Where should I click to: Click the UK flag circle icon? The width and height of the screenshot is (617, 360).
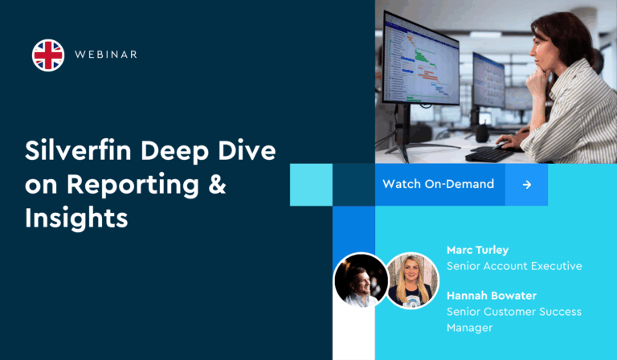[x=48, y=55]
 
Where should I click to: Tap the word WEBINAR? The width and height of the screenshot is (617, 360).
[x=105, y=55]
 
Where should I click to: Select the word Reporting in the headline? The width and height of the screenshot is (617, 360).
[x=133, y=184]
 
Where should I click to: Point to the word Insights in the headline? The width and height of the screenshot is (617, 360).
[x=76, y=217]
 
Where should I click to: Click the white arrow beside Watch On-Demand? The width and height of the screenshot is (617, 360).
[x=526, y=184]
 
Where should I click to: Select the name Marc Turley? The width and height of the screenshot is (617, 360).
[x=477, y=250]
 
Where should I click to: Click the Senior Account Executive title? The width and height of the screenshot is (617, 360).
[x=513, y=266]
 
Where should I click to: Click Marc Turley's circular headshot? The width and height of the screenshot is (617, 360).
[x=361, y=280]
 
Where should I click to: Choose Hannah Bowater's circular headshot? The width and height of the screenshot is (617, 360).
[x=412, y=280]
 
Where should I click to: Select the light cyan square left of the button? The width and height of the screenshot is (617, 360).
[x=311, y=184]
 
